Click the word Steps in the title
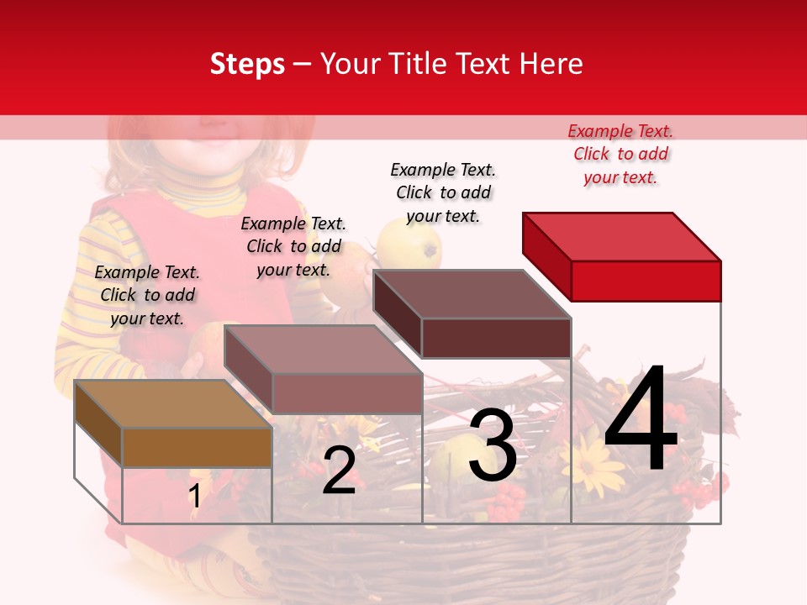247,64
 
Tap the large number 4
641,420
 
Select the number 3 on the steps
493,445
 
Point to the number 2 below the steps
339,471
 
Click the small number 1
195,496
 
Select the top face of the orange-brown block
173,404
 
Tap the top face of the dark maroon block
472,294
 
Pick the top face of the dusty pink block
323,350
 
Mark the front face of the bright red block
646,281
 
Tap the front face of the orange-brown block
197,447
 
